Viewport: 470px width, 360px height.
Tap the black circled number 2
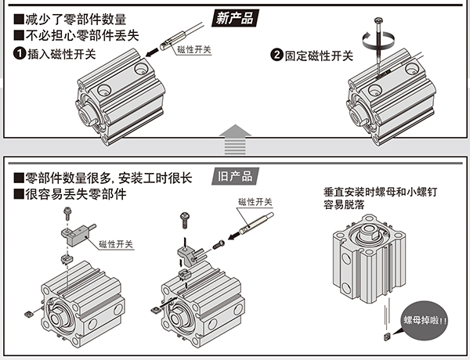(276, 56)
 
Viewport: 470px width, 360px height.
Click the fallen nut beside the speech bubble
(387, 335)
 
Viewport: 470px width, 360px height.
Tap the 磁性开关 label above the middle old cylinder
(254, 202)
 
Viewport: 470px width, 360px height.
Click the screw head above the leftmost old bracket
(67, 211)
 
